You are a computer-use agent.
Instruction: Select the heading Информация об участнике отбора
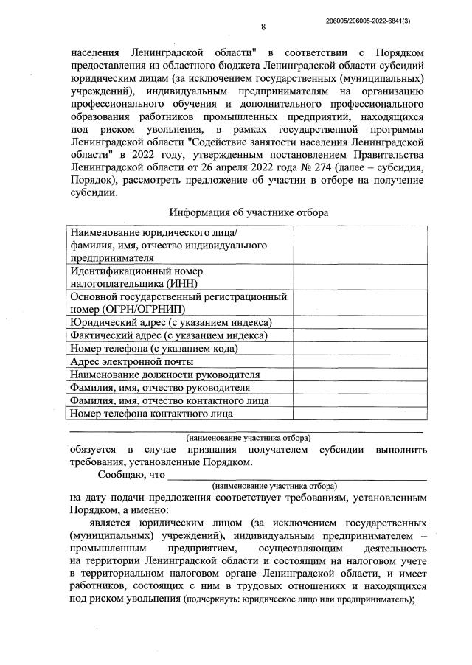pyautogui.click(x=249, y=212)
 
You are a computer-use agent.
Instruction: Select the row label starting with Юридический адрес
pyautogui.click(x=171, y=322)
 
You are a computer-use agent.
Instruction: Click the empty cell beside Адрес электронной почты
pyautogui.click(x=358, y=361)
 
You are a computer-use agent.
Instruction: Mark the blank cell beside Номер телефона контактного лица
pyautogui.click(x=358, y=414)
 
